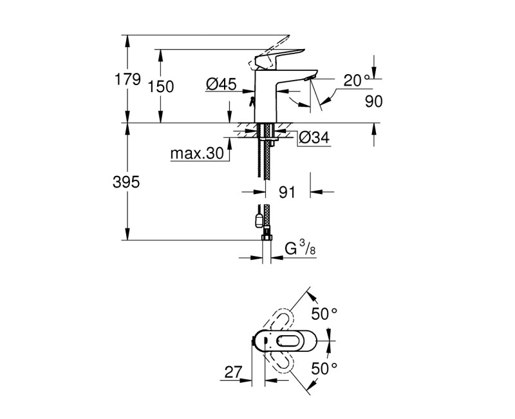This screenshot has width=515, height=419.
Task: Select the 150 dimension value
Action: [x=161, y=86]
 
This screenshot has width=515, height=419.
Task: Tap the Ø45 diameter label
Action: [x=221, y=84]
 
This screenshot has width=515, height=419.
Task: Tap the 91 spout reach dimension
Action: [x=288, y=192]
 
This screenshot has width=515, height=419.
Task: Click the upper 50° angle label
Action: [x=324, y=314]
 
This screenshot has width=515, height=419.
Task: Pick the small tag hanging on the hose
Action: [x=259, y=219]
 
